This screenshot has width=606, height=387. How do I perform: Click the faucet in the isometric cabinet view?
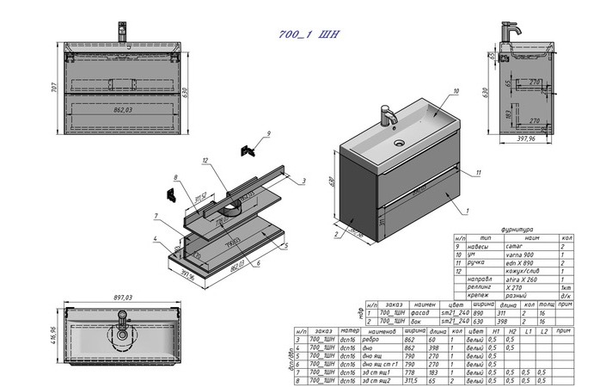pyautogui.click(x=387, y=114)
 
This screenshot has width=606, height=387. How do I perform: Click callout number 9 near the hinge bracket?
pyautogui.click(x=268, y=133)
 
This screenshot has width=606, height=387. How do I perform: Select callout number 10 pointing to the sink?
pyautogui.click(x=456, y=90)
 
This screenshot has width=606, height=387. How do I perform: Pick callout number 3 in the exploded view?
pyautogui.click(x=303, y=181)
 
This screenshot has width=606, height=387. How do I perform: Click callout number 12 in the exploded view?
pyautogui.click(x=206, y=161)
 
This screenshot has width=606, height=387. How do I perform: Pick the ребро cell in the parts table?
pyautogui.click(x=380, y=340)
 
